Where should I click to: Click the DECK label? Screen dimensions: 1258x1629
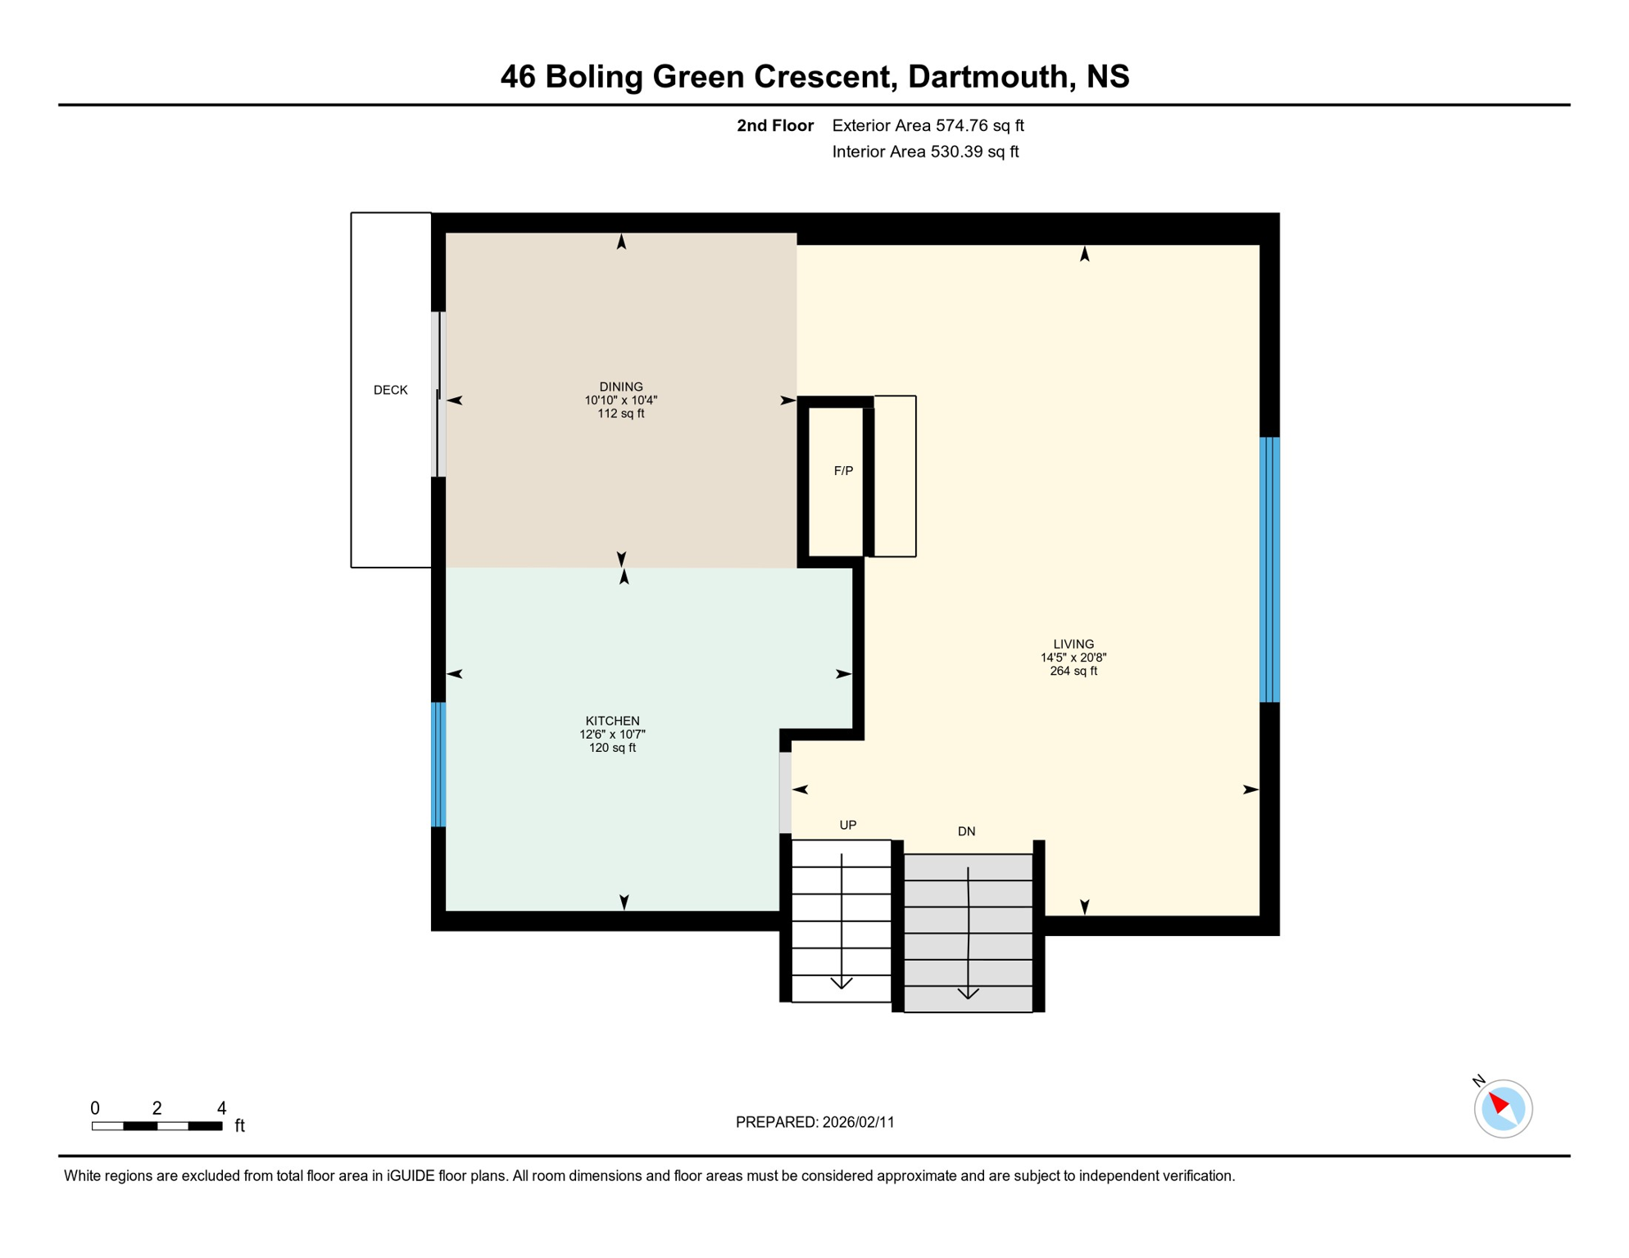390,390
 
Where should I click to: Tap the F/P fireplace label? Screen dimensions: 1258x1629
843,471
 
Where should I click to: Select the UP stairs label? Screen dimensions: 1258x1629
847,825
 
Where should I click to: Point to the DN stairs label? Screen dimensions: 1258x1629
966,831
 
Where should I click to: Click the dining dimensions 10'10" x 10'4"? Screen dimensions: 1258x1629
620,400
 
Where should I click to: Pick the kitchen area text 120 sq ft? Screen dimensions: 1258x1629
612,748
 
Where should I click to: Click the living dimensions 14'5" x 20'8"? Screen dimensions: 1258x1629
1073,658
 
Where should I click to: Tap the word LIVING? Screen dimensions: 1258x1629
1073,644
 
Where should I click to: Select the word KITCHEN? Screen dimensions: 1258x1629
612,721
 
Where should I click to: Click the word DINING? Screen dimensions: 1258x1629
620,387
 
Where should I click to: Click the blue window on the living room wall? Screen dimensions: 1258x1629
1269,569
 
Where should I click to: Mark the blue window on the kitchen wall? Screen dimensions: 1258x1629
438,764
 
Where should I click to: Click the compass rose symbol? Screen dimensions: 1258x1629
1503,1109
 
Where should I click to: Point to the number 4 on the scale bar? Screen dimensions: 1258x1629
221,1108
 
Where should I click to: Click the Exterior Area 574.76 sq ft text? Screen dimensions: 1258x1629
928,125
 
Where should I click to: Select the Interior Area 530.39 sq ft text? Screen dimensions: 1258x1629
925,152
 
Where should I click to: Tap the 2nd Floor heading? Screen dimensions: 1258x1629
774,125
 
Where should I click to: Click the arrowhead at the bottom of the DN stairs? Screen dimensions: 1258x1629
968,993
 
